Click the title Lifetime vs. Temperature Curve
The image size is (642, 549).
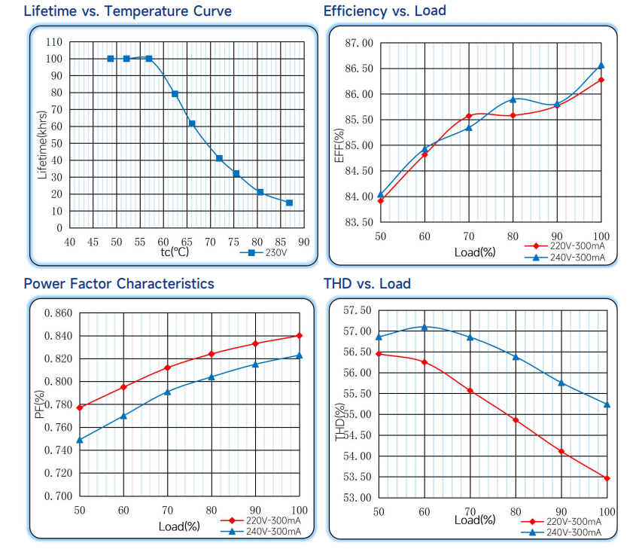tap(127, 11)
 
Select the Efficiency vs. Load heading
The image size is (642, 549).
tap(384, 11)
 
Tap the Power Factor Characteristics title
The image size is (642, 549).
tap(119, 284)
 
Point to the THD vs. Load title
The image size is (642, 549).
tap(367, 284)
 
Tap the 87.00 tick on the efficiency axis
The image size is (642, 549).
tap(358, 43)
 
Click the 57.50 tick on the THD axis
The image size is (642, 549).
tap(357, 310)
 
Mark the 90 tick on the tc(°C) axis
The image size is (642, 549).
tap(303, 242)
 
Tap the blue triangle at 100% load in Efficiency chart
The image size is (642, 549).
tap(601, 66)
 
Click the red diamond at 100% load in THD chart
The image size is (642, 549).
tap(607, 478)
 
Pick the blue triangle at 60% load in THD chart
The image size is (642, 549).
tap(424, 327)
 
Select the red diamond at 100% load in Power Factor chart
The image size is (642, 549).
tap(300, 335)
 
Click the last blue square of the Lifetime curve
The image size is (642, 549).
tap(289, 203)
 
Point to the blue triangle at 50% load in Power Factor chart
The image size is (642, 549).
tap(79, 440)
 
